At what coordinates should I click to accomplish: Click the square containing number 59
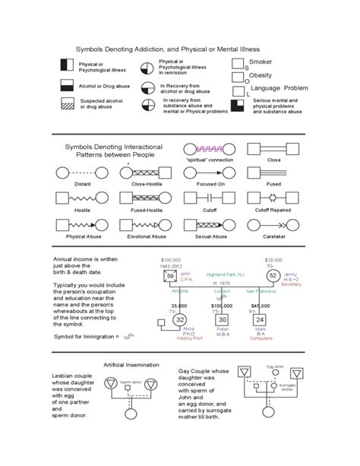click(x=171, y=276)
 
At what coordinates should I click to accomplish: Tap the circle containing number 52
click(x=272, y=276)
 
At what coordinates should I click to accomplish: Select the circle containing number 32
click(x=179, y=320)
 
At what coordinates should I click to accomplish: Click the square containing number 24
click(x=259, y=320)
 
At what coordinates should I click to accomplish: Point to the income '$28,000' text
click(x=274, y=259)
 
